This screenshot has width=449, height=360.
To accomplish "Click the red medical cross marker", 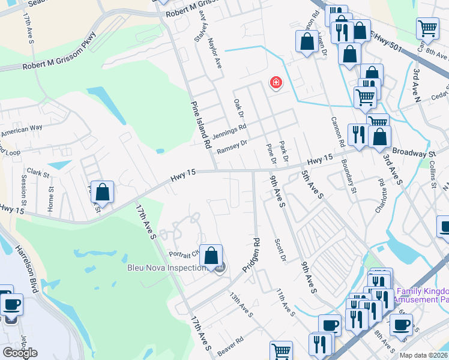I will click(x=276, y=82).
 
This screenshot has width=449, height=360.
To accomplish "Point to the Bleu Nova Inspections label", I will click(x=166, y=268).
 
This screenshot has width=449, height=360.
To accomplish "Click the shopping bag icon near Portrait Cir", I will click(x=211, y=256).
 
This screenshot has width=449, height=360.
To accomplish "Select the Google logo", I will click(x=20, y=353).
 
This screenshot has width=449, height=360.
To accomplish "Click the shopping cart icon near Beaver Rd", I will click(x=280, y=351).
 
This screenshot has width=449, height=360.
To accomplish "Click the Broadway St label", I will click(x=414, y=154).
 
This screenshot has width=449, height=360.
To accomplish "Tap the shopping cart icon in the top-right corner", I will click(x=427, y=28).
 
